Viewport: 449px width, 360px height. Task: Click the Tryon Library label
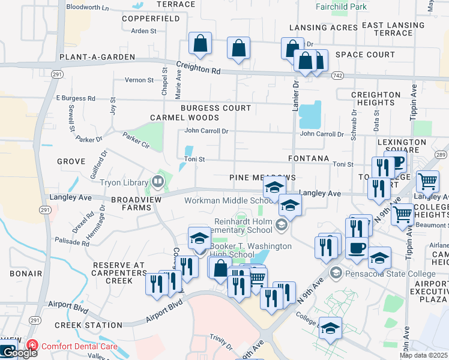coord(122,182)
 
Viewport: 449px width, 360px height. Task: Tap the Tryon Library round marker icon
coord(158,180)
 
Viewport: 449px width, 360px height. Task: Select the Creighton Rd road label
coord(198,69)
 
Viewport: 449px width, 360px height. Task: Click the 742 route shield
coord(337,74)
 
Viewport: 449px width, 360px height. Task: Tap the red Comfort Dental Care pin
coord(32,346)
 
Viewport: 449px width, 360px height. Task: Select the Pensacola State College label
coord(390,274)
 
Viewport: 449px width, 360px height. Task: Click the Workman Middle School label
coord(222,201)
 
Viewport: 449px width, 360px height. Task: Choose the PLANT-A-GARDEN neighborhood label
coord(97,57)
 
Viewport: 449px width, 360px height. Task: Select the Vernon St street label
coord(139,80)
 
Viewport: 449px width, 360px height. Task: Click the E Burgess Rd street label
coord(76,98)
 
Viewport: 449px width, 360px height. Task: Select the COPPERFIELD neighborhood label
coord(151,19)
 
